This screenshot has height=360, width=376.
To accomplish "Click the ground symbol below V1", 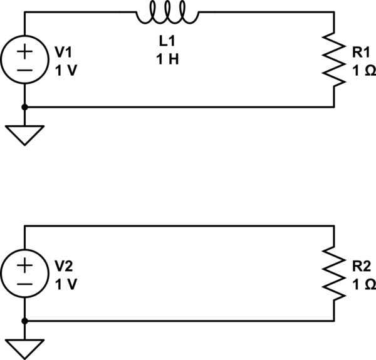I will pyautogui.click(x=24, y=134).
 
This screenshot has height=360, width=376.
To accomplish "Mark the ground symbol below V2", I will pyautogui.click(x=24, y=347).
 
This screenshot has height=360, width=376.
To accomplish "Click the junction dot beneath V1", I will pyautogui.click(x=24, y=107).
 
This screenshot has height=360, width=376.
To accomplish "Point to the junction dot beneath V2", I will pyautogui.click(x=24, y=321).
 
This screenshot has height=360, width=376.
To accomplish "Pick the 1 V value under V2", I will pyautogui.click(x=66, y=284).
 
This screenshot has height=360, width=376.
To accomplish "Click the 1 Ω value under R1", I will pyautogui.click(x=364, y=71).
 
